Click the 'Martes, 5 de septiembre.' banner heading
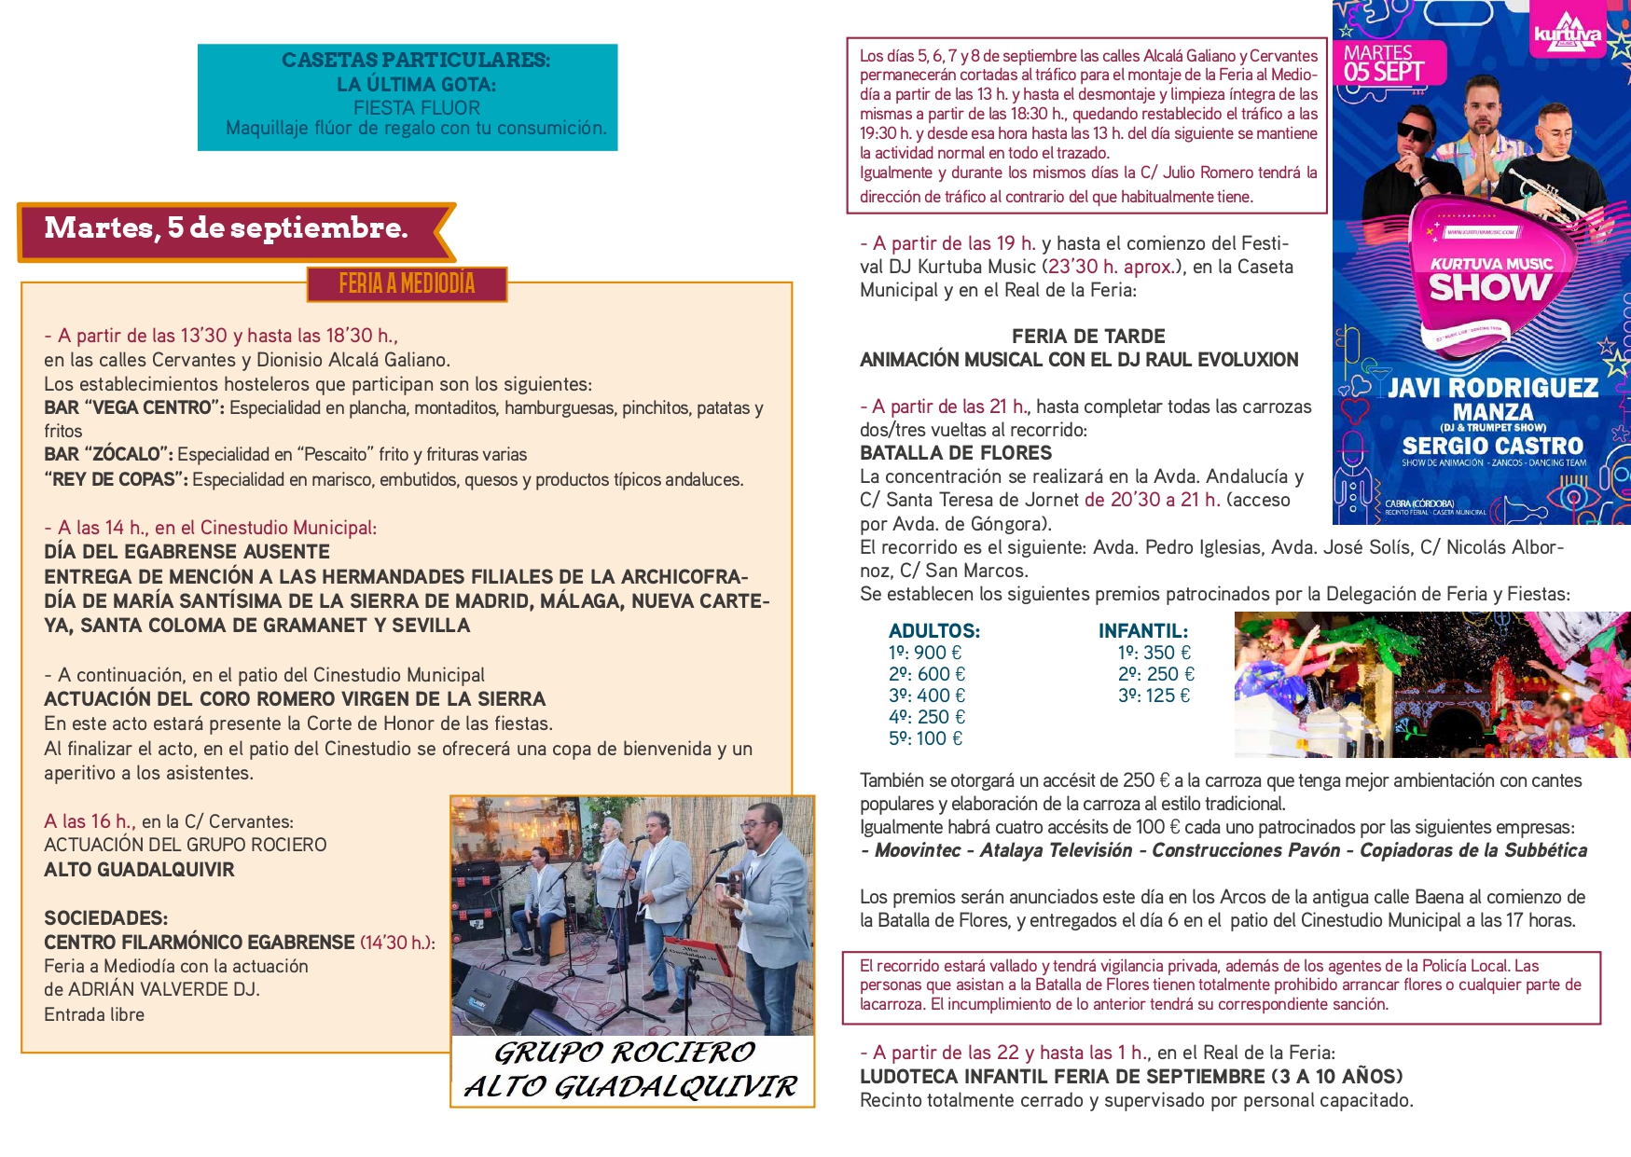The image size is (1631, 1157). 226,228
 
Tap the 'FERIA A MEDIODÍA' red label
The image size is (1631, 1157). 407,284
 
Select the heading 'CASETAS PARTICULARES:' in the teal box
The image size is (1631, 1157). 416,60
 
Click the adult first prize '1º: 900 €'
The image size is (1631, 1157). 925,653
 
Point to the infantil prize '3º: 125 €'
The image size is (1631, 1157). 1154,696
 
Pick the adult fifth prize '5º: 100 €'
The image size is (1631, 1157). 926,738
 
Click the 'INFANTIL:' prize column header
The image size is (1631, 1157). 1143,631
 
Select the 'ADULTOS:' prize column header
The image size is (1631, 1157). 934,631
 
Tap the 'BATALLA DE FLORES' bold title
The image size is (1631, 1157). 956,453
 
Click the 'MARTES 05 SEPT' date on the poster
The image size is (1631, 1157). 1384,63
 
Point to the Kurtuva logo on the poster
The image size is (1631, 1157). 1568,33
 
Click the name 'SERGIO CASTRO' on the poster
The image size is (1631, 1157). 1493,447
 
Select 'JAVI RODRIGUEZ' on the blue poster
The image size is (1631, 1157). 1493,388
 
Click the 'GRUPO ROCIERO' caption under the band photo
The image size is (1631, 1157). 625,1053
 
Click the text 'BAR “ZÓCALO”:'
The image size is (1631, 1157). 108,455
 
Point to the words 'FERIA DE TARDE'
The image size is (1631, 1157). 1088,337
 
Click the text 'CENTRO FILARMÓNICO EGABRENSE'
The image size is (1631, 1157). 200,943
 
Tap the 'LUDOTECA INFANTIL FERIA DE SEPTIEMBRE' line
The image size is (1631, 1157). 1062,1077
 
